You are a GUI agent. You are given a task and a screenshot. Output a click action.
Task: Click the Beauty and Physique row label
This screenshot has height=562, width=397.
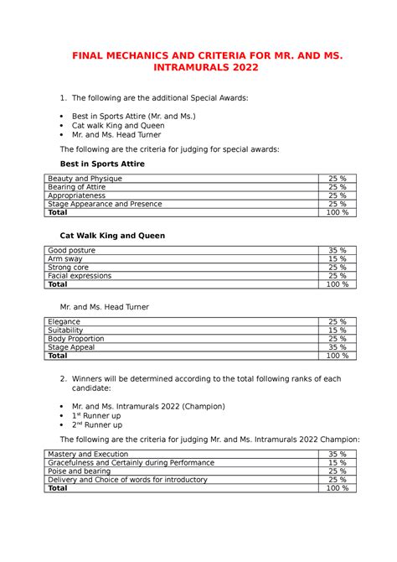[x=85, y=179]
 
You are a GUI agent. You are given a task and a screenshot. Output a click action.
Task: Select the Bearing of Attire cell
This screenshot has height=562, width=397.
[x=76, y=187]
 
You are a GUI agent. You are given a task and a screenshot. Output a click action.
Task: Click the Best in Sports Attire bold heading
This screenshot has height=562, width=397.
[x=103, y=164]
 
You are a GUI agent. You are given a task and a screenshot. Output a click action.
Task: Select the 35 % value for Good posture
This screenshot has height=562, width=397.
[x=337, y=251]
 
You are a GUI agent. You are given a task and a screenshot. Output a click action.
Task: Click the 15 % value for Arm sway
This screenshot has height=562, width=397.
[x=337, y=259]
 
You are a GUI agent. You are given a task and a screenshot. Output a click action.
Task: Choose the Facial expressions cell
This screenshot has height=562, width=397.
[x=80, y=276]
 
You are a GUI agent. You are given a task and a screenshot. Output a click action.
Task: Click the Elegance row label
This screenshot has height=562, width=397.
[x=64, y=322]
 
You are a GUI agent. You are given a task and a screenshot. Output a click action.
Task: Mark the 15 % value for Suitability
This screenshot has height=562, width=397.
[x=337, y=330]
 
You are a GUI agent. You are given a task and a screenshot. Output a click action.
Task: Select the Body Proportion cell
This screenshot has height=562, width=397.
[x=76, y=339]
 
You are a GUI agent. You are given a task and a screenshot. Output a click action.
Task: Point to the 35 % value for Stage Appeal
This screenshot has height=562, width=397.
[x=337, y=347]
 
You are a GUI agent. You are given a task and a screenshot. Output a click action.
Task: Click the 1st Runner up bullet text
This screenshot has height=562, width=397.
[x=96, y=415]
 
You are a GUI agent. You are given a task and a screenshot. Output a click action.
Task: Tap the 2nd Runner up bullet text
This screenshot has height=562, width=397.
[x=97, y=425]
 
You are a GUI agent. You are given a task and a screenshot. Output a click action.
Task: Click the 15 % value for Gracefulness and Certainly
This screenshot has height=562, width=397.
[x=337, y=462]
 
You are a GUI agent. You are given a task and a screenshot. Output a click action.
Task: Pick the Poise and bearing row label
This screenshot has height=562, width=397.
[x=80, y=471]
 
